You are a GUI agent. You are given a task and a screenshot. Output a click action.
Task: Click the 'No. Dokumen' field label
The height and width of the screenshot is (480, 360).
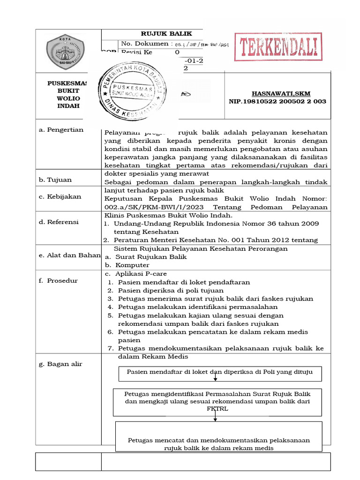pyautogui.click(x=145, y=44)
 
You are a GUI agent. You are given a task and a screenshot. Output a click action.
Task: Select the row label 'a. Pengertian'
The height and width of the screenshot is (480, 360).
pyautogui.click(x=61, y=130)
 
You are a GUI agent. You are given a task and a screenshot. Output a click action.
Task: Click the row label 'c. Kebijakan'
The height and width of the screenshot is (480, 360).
pyautogui.click(x=60, y=197)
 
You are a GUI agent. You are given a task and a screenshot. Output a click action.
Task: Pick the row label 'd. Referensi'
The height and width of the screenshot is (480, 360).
pyautogui.click(x=59, y=222)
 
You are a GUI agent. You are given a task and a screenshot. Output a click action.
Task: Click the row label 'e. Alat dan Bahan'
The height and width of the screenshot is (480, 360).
pyautogui.click(x=70, y=255)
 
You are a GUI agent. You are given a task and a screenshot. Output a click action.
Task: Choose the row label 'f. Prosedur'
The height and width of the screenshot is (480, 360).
pyautogui.click(x=59, y=281)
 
